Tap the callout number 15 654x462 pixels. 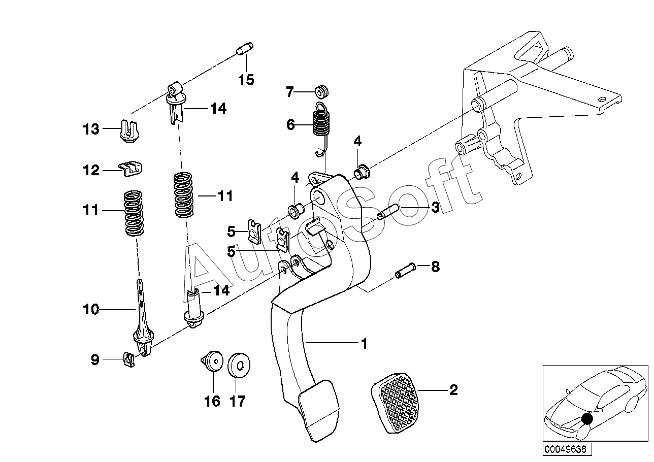click(246, 80)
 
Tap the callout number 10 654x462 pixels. click(91, 309)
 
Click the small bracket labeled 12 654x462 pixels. click(130, 169)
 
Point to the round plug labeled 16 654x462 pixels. click(212, 361)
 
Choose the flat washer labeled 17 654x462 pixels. click(239, 365)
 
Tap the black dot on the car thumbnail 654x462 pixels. click(587, 419)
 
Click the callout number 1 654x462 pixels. click(364, 344)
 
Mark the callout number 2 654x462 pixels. click(453, 390)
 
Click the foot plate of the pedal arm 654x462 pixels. click(318, 410)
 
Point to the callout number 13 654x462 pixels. click(91, 129)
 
